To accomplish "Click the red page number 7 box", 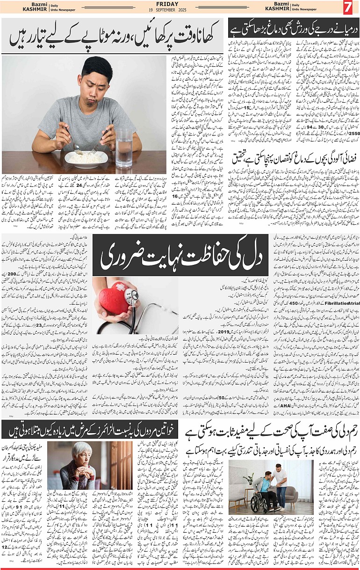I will [x=348, y=8].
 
